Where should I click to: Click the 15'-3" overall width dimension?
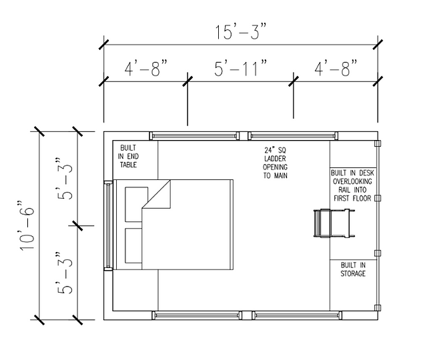(240, 32)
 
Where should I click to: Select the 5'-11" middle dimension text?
(240, 68)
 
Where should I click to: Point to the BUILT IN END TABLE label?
(128, 157)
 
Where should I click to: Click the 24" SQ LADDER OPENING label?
(275, 163)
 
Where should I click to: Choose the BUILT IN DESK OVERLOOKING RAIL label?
(353, 185)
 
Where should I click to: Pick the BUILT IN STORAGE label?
(353, 269)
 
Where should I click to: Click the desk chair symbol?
(334, 223)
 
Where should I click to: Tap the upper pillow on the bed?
(136, 204)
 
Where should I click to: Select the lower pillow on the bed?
(133, 246)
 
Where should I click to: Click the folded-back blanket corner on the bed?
(156, 194)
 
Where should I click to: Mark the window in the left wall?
(108, 225)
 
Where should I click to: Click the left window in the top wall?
(194, 135)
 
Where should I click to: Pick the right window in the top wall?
(293, 135)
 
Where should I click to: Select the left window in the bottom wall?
(197, 315)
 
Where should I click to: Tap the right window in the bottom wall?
(297, 315)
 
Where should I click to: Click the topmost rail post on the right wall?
(378, 143)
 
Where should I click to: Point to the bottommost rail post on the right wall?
(378, 308)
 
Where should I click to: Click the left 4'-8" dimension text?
(145, 68)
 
